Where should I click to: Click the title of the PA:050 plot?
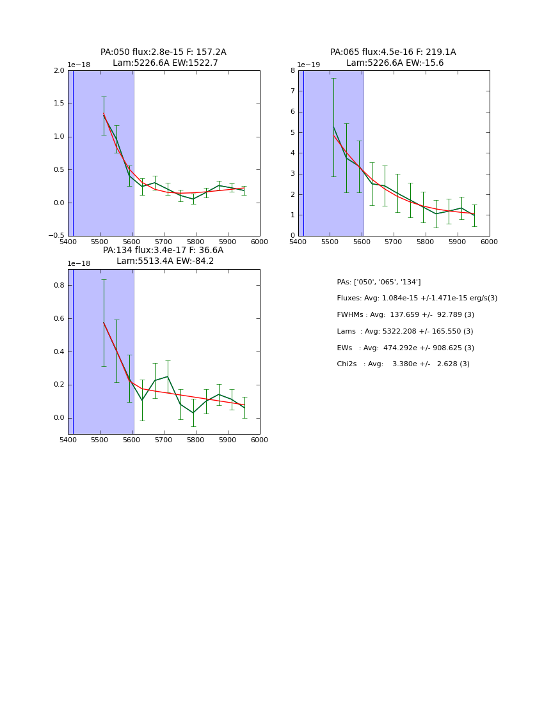point(163,58)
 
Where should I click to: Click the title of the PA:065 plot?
point(394,58)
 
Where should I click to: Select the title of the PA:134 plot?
point(163,256)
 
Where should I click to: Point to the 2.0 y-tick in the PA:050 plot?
point(59,70)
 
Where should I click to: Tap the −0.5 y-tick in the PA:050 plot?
point(56,236)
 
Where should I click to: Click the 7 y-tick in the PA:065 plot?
point(292,91)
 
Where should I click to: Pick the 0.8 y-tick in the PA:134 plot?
point(59,285)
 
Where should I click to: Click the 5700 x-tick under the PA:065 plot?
point(426,242)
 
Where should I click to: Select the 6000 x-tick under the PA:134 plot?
point(259,440)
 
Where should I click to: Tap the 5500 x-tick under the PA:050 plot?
point(100,242)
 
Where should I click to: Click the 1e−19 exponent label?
point(308,65)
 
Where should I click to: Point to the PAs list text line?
point(379,282)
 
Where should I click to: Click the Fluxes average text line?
point(417,298)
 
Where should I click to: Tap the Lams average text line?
point(404,332)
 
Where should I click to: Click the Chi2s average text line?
point(403,364)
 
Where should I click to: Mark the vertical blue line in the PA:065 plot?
point(303,153)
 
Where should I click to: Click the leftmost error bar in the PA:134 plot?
point(104,323)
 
